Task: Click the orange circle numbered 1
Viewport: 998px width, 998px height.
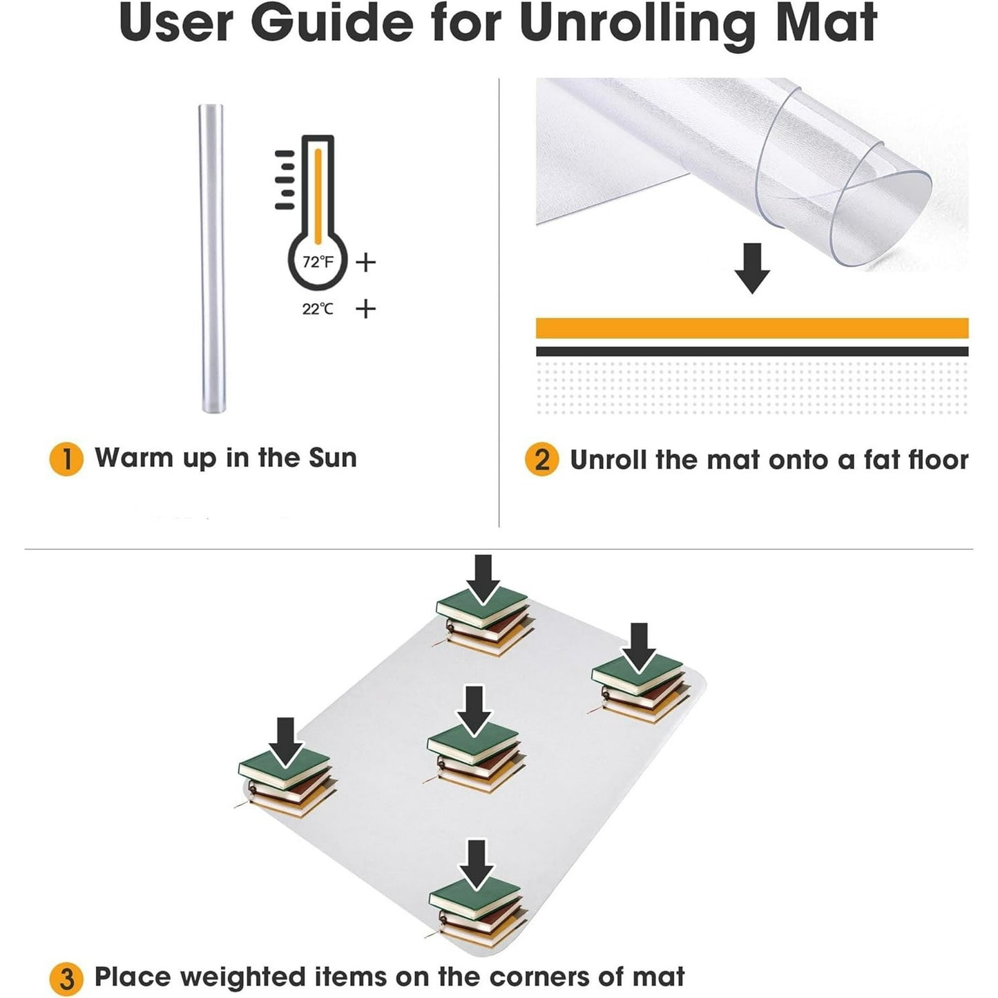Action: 66,459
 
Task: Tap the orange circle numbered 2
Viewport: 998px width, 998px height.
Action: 541,459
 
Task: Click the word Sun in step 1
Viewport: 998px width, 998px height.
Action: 332,458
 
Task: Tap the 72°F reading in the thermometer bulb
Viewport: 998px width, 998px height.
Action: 318,262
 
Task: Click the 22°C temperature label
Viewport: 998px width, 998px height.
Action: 318,309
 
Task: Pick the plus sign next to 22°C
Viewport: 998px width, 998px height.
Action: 365,309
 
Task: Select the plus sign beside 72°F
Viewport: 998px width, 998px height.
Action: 365,262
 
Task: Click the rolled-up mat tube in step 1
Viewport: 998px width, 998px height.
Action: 212,258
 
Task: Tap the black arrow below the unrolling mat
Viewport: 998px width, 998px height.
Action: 752,268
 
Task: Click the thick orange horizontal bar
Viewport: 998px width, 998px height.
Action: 752,328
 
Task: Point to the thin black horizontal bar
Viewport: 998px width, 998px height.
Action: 752,352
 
